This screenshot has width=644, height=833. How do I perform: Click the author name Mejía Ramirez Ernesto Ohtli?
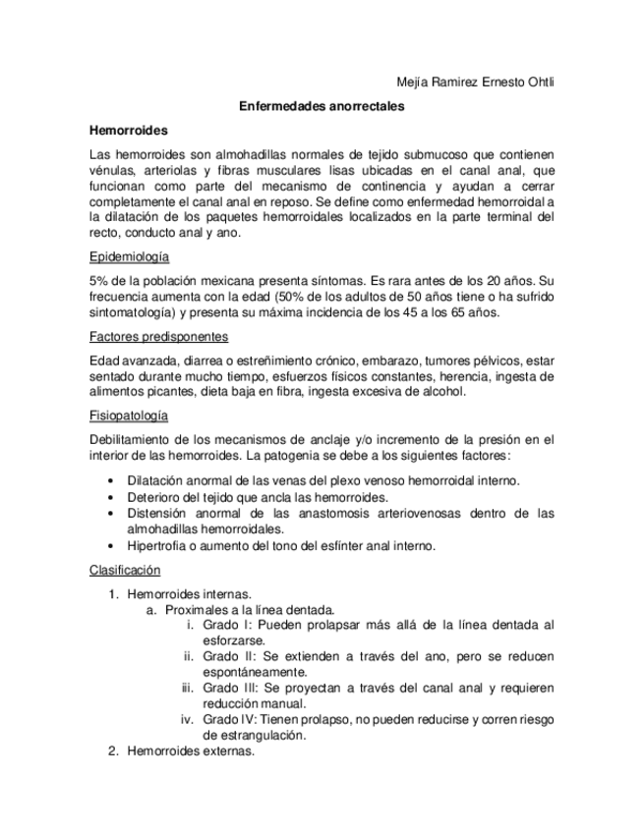468,83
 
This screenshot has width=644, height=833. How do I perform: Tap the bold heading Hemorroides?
128,130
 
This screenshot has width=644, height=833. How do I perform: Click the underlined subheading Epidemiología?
129,257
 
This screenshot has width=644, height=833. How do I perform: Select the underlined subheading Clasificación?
124,570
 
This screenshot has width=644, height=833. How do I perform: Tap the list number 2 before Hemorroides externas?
113,751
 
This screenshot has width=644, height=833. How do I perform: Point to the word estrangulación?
255,736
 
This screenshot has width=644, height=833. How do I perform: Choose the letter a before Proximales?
151,609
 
